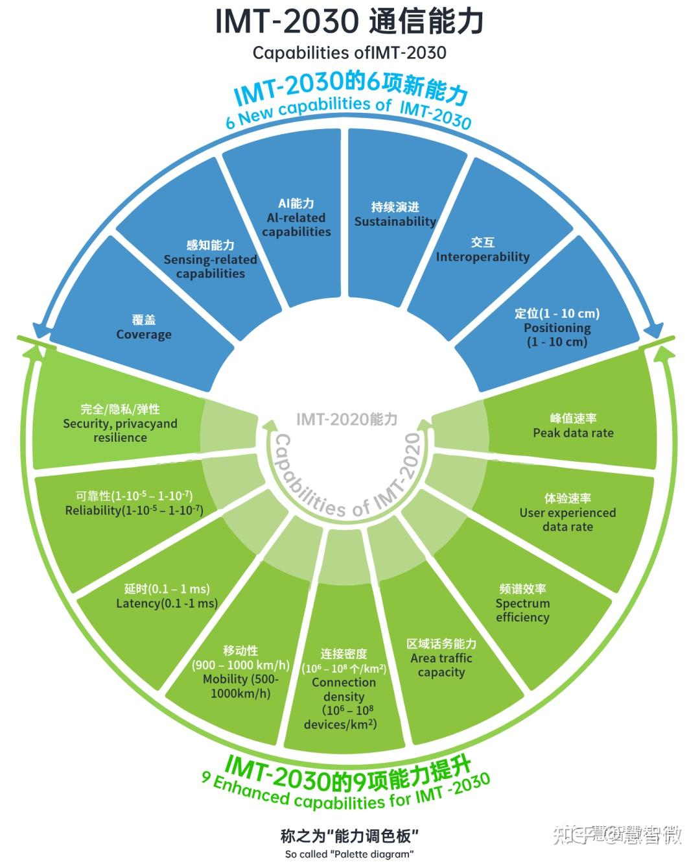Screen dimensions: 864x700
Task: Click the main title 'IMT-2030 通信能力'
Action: point(349,21)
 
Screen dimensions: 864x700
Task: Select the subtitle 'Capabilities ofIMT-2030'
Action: point(349,52)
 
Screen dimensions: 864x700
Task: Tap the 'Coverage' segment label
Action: point(144,335)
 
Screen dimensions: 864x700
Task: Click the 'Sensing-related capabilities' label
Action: point(211,266)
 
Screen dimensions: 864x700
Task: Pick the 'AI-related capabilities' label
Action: point(296,224)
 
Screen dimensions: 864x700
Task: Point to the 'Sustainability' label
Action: point(395,221)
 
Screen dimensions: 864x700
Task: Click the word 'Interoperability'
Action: point(482,257)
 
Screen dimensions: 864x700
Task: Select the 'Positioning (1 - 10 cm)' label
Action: point(557,335)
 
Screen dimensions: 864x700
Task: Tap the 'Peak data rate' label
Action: point(573,433)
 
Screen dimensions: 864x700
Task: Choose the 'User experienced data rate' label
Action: point(568,520)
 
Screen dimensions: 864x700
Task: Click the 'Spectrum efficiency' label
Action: point(522,610)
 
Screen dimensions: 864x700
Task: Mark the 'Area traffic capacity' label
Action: point(441,665)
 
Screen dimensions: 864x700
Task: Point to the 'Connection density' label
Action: point(344,690)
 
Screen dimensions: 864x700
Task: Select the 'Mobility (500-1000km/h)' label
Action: point(240,686)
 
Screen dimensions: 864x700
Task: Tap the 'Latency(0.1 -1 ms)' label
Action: point(167,603)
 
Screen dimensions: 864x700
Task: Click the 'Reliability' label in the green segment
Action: point(134,510)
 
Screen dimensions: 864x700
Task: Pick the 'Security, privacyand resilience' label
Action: point(120,430)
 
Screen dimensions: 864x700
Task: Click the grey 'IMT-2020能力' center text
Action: point(347,419)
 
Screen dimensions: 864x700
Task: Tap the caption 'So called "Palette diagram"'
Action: point(349,854)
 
